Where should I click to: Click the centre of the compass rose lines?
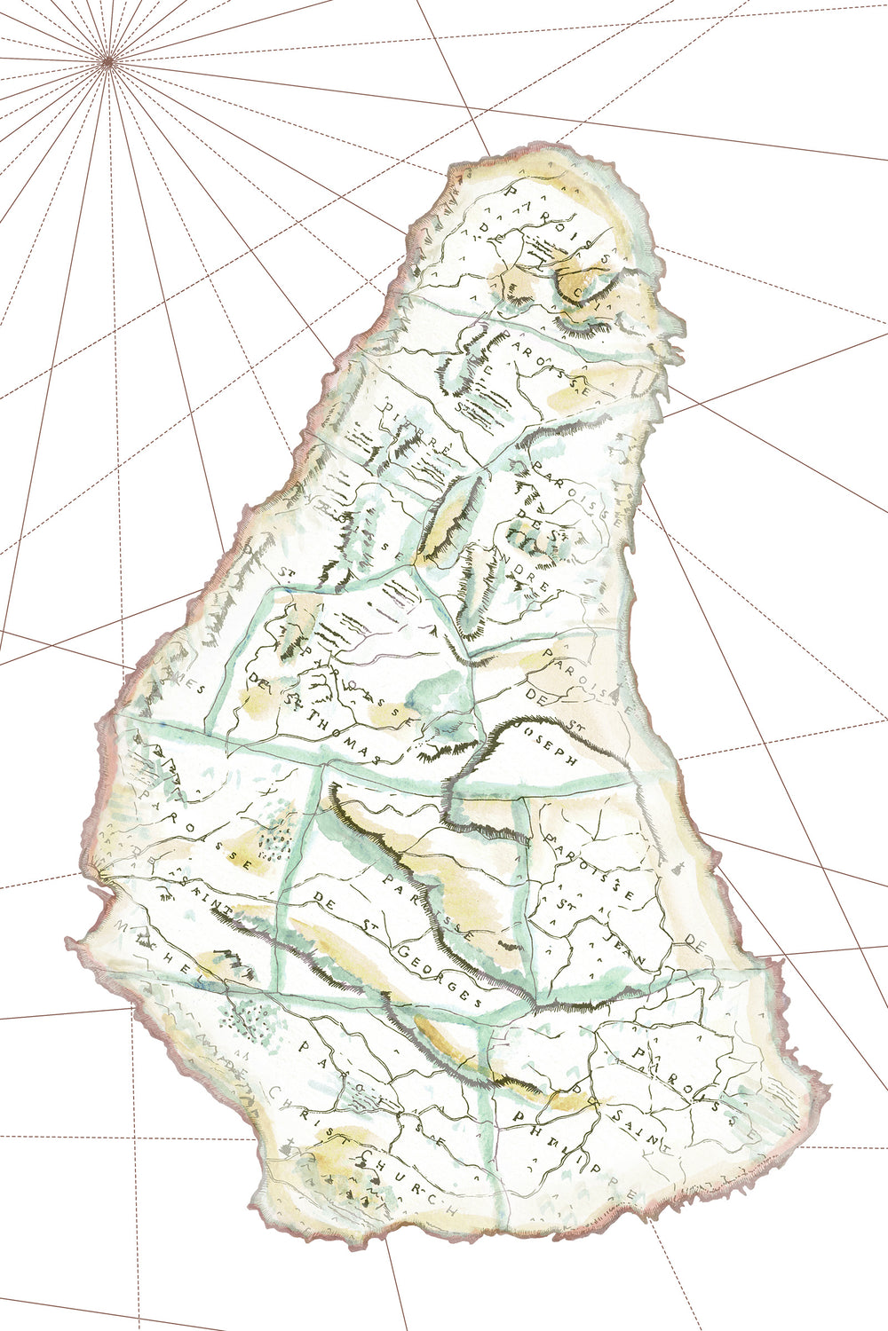(x=108, y=60)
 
